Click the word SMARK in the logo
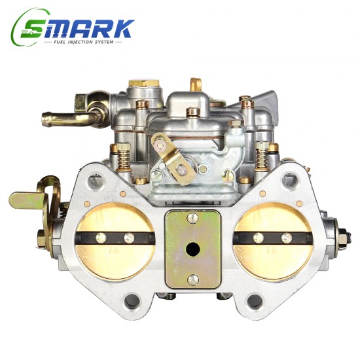point(79,28)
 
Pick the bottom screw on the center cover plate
point(192,280)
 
